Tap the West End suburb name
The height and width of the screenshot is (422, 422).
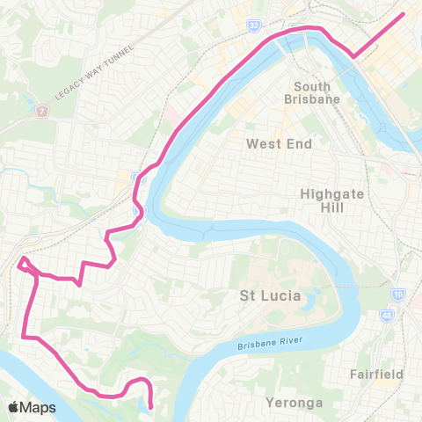(x=279, y=143)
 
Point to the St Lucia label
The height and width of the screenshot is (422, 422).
(x=270, y=296)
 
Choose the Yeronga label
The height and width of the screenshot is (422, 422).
(x=294, y=404)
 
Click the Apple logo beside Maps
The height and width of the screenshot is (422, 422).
(x=14, y=407)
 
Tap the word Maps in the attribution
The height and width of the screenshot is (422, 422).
(x=40, y=407)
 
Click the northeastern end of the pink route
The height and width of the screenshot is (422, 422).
(x=403, y=13)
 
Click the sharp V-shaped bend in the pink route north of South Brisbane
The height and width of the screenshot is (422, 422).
(x=353, y=56)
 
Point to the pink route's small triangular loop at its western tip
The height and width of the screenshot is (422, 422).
(x=23, y=264)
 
